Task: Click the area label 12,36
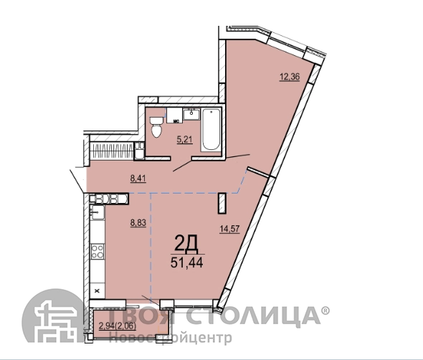click(x=290, y=77)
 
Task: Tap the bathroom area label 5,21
click(x=184, y=140)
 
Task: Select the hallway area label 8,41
click(x=138, y=179)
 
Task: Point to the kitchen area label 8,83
click(x=138, y=223)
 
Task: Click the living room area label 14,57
click(x=229, y=229)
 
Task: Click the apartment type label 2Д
click(x=186, y=243)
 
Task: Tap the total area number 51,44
click(x=186, y=262)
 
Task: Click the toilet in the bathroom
click(x=156, y=127)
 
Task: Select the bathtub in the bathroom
click(x=211, y=129)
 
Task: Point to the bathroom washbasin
click(x=191, y=115)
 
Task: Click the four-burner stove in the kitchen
click(x=98, y=251)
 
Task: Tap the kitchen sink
click(x=98, y=212)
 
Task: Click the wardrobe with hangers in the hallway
click(x=112, y=151)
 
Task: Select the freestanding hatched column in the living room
click(x=222, y=203)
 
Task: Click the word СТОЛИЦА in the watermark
click(x=253, y=316)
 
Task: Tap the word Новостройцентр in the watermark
click(x=171, y=338)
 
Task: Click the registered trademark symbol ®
click(x=325, y=311)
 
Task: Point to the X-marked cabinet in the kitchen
click(x=98, y=290)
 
